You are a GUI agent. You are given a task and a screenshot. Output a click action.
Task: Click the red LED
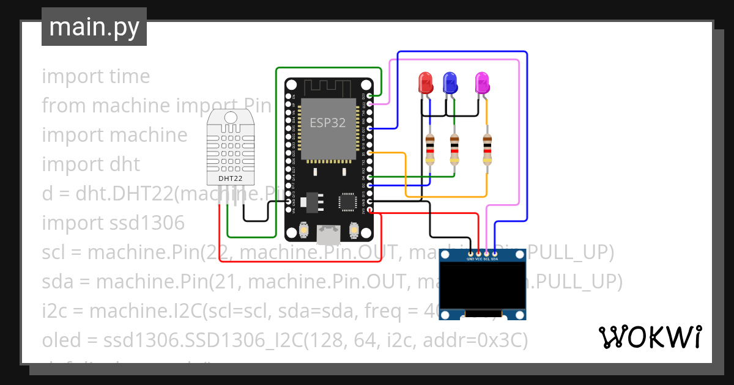click(424, 82)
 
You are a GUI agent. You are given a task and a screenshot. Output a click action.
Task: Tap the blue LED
click(451, 82)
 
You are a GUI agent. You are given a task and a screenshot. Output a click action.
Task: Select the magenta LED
click(483, 82)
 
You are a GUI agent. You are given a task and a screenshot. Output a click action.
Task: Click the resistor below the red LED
click(430, 149)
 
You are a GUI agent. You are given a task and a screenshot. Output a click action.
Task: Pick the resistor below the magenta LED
click(487, 149)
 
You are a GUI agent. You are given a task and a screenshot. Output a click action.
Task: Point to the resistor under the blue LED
click(454, 149)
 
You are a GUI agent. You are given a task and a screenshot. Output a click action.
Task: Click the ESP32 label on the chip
click(327, 122)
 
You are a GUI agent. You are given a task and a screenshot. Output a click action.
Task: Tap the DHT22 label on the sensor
click(231, 178)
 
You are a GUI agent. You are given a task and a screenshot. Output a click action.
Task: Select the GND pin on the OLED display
click(470, 253)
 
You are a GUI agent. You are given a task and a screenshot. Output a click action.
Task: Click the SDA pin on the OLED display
click(494, 253)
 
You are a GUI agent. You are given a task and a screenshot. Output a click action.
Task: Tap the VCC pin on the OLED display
click(478, 253)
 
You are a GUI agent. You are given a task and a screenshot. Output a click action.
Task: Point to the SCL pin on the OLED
click(486, 253)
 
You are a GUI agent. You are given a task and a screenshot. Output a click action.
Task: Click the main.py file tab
click(94, 27)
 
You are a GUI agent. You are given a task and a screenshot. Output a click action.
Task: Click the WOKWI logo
click(650, 337)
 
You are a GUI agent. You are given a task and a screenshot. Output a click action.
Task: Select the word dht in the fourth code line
click(124, 164)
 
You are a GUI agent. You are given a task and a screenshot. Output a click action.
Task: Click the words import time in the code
click(95, 76)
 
